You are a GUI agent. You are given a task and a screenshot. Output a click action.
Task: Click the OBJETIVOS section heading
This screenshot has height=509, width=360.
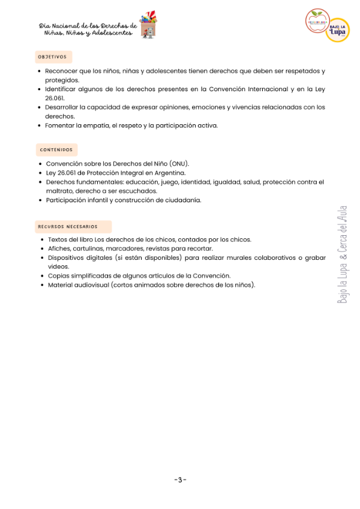52,57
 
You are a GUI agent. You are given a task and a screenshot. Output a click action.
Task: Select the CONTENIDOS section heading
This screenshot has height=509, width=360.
56,149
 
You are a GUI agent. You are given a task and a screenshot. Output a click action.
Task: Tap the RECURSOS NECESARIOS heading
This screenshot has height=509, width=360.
67,227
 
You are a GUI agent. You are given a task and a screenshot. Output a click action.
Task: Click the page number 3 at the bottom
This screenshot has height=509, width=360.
180,480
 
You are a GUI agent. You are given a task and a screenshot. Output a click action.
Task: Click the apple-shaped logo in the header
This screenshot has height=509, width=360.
316,21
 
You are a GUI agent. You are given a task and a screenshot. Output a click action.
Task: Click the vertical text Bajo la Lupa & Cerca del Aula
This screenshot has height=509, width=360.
342,254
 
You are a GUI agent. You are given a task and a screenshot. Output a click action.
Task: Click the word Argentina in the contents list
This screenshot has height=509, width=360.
171,172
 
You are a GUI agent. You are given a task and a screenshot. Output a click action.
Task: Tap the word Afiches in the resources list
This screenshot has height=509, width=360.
59,248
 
